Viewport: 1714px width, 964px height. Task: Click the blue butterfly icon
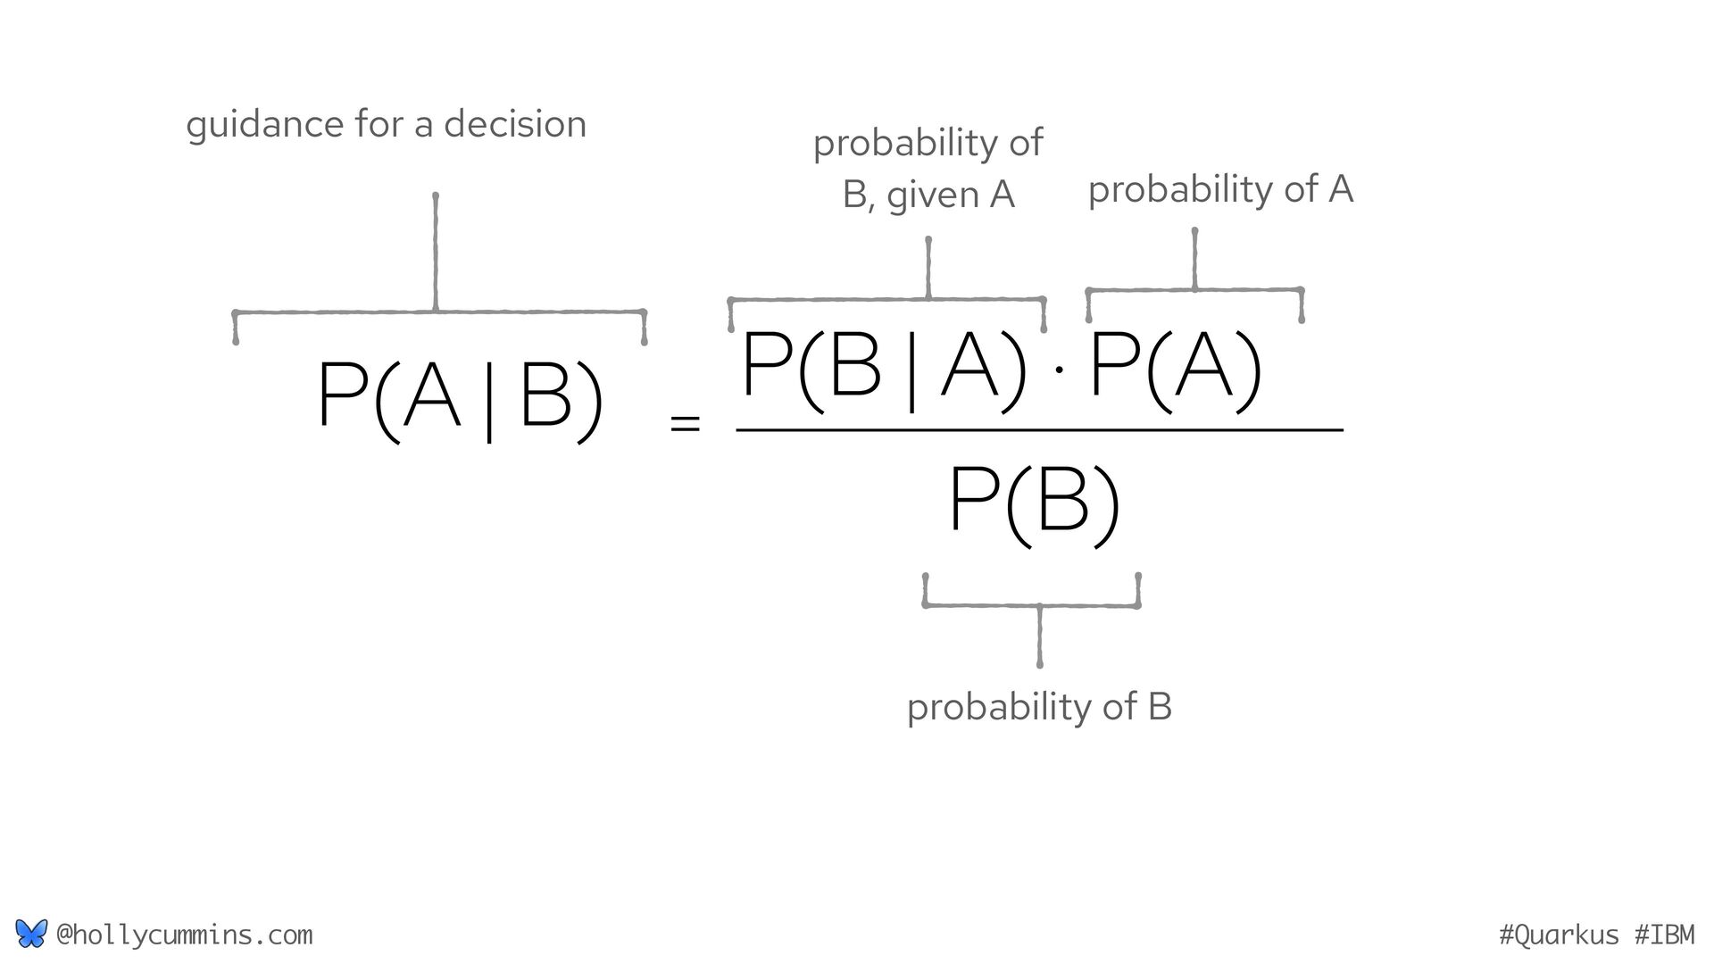click(30, 934)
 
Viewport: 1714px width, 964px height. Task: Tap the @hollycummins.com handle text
click(184, 935)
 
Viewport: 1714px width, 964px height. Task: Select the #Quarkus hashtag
click(1558, 935)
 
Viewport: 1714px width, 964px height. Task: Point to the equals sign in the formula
click(685, 424)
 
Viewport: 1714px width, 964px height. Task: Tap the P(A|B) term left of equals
click(460, 397)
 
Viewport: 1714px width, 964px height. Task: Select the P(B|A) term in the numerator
click(884, 366)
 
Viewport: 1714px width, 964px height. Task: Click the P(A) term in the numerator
click(1175, 366)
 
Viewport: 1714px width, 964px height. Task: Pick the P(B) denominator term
click(1034, 502)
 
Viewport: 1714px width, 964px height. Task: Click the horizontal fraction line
click(1039, 430)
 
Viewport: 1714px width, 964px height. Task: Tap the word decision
click(515, 123)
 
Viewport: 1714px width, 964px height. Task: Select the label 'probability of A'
click(1220, 189)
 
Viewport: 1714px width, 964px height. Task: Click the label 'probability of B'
click(1039, 707)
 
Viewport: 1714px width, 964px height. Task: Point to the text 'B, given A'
click(928, 195)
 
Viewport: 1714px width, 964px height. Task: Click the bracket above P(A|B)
click(437, 311)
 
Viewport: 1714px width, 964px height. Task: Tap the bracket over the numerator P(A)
click(1194, 289)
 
